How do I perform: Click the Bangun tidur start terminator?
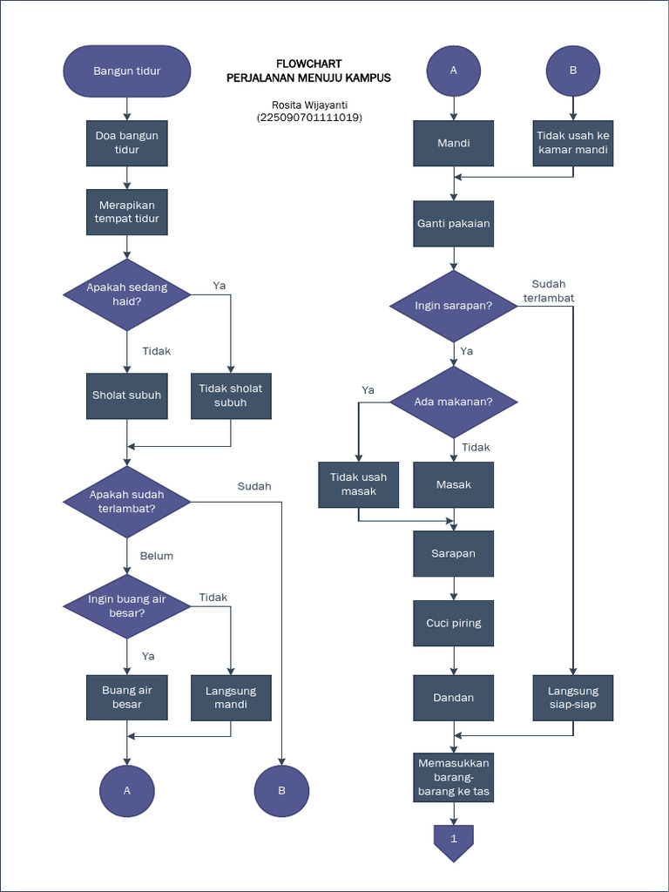pos(127,71)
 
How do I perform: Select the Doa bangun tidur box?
pos(127,143)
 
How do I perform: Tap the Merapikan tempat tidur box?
pos(127,212)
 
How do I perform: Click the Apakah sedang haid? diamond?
pos(127,294)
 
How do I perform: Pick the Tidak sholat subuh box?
pos(231,395)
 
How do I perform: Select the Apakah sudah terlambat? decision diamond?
pos(127,501)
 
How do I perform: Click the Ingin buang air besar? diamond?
pos(127,605)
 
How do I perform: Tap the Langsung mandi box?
pos(231,698)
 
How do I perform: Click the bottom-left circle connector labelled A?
pos(127,791)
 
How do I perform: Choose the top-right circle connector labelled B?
pos(573,71)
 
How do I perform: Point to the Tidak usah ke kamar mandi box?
pos(573,143)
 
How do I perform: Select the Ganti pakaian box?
pos(453,223)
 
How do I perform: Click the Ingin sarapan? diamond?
pos(453,306)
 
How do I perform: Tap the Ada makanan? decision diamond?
pos(453,402)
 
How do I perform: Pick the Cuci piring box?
pos(453,623)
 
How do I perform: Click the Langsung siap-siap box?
pos(573,698)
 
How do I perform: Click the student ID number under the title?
pos(309,118)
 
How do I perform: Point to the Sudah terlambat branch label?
pos(549,291)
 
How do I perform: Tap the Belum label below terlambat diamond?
pos(157,556)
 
